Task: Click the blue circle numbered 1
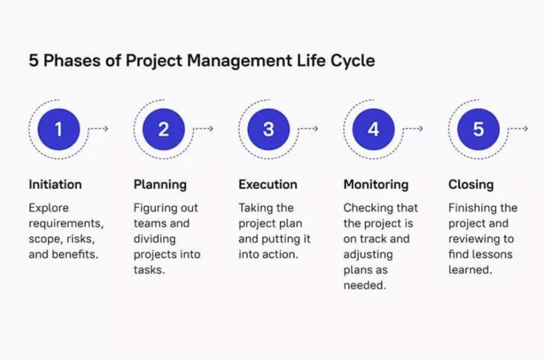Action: tap(59, 129)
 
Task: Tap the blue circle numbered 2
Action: tap(164, 129)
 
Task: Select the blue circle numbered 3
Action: tap(268, 129)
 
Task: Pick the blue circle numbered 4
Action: tap(373, 129)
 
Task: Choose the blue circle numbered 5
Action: tap(478, 129)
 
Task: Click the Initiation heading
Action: tap(55, 184)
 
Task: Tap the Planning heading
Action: tap(160, 184)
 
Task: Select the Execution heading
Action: tap(268, 184)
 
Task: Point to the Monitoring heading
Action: tap(376, 184)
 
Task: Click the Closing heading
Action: tap(471, 184)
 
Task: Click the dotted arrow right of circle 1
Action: tap(99, 129)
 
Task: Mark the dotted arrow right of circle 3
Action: tap(308, 129)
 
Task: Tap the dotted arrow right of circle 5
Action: tap(518, 129)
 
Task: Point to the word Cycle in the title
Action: tap(354, 61)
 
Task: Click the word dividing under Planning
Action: tap(155, 239)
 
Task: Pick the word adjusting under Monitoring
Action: tap(368, 254)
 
